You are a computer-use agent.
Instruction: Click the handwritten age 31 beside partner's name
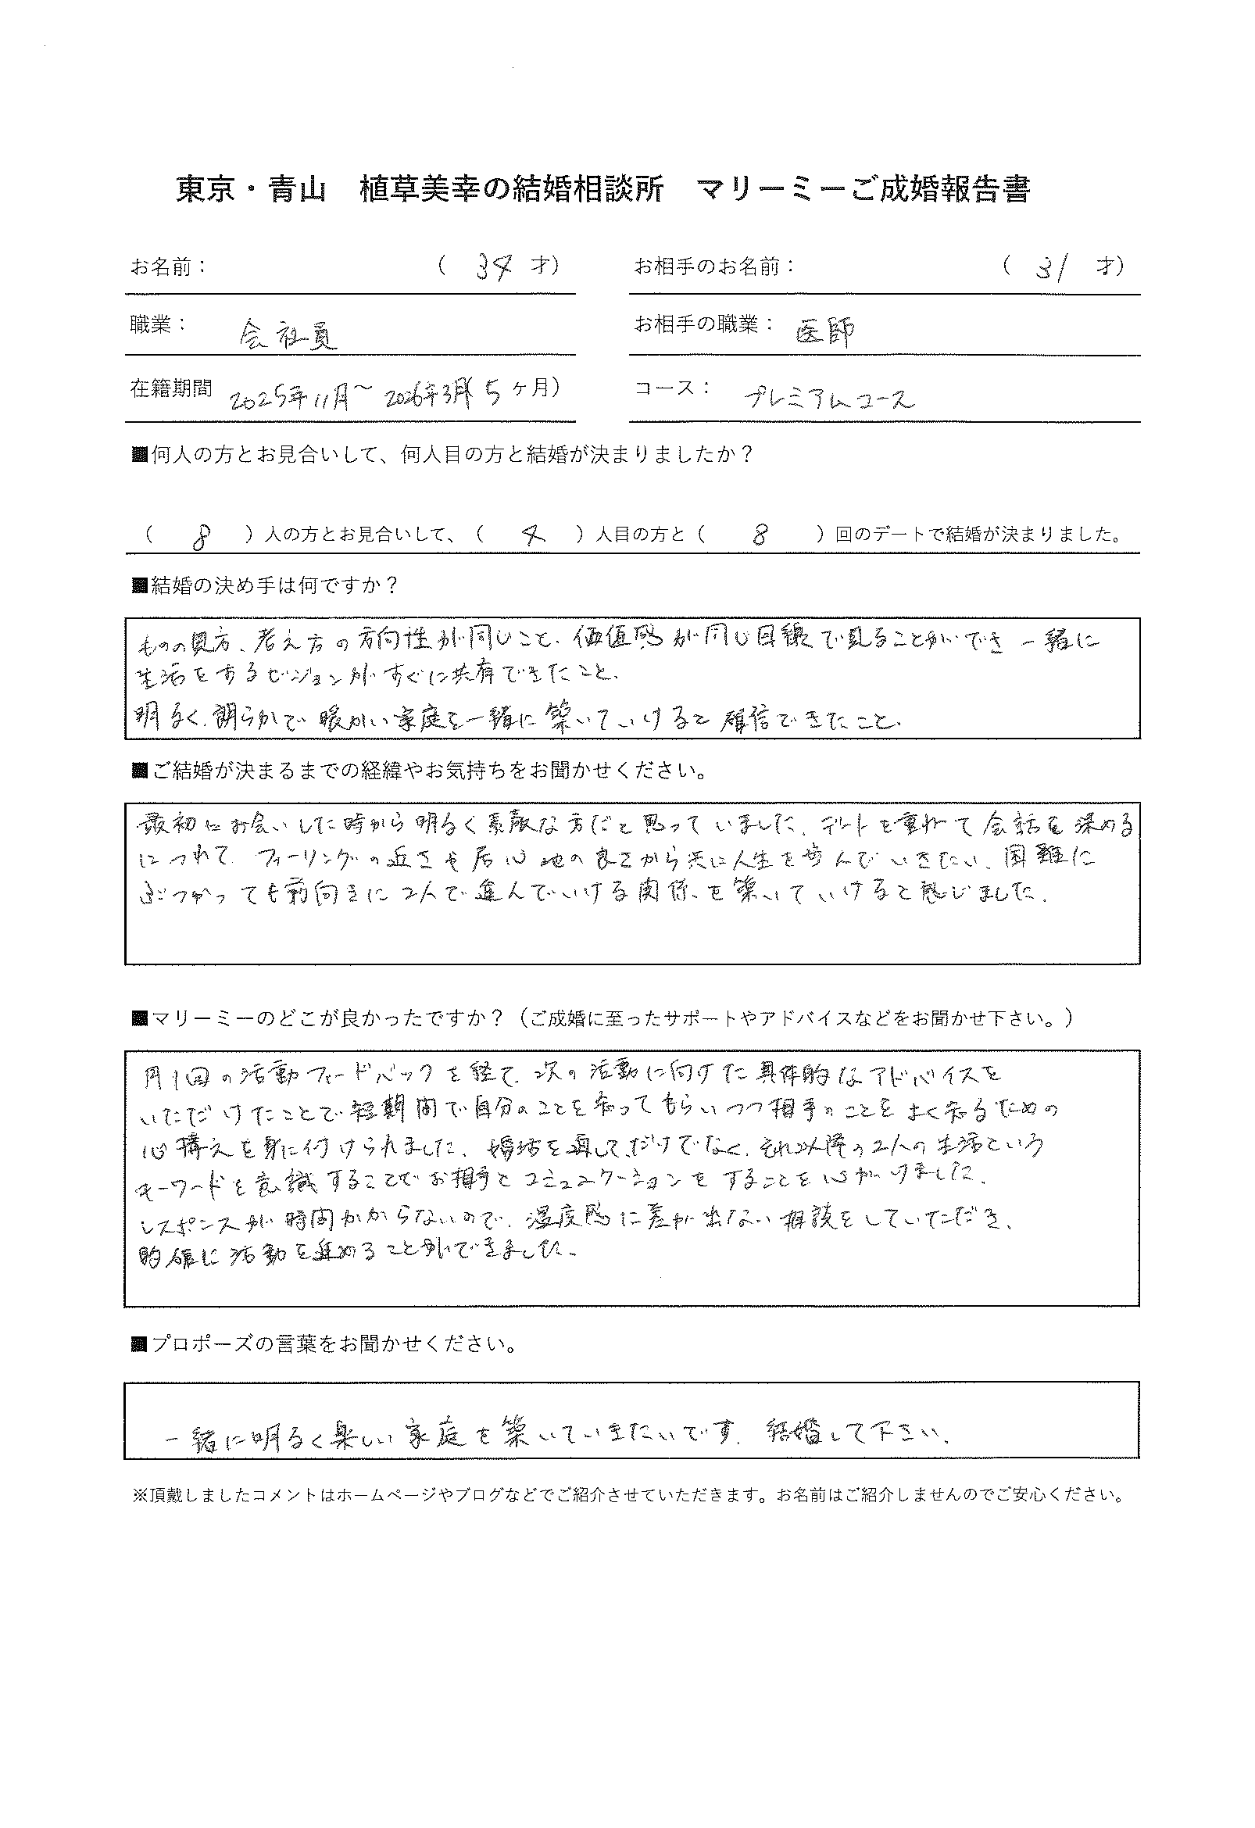[1049, 269]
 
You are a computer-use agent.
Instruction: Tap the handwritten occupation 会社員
[287, 336]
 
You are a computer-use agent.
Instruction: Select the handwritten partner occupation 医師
[825, 333]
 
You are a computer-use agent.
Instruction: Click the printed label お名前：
[168, 267]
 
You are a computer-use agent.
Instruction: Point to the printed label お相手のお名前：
[715, 267]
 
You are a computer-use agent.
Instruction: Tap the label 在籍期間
[170, 388]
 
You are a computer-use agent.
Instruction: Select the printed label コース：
[673, 388]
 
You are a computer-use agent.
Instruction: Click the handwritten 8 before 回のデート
[759, 535]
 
